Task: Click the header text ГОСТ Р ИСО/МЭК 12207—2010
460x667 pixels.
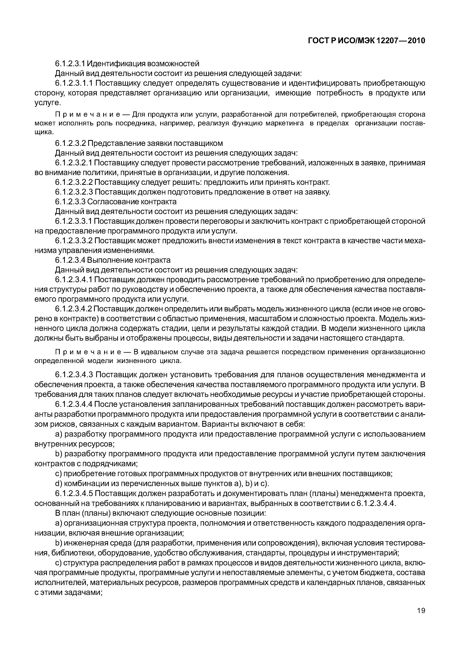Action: click(367, 41)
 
